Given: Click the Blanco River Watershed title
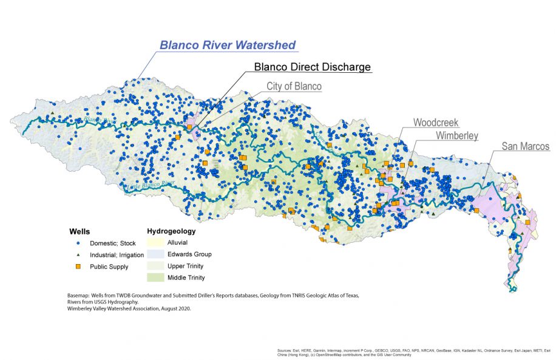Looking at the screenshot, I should pos(227,45).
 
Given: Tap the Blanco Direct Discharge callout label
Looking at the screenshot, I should pos(312,67).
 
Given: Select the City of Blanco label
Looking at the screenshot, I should pos(294,86).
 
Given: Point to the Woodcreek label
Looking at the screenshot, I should pos(436,123).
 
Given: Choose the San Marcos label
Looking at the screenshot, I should pos(525,147).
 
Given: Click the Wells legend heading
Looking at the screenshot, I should pos(80,231).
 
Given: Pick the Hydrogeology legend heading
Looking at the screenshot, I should pos(171,231).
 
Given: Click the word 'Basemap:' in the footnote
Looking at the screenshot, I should pos(80,296).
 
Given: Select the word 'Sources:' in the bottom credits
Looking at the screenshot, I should pos(283,350).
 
